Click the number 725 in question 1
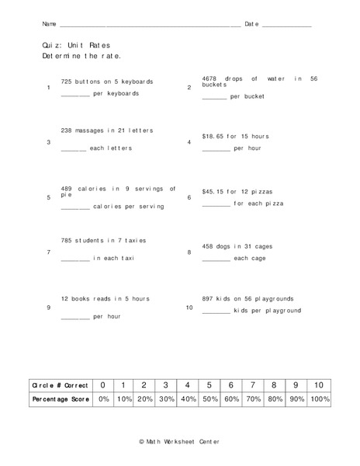[66, 82]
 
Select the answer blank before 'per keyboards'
[75, 95]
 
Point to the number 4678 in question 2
[210, 78]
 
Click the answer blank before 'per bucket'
[214, 98]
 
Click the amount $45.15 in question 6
[213, 190]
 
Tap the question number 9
[49, 308]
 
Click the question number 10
[189, 308]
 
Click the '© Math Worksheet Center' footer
[179, 441]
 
